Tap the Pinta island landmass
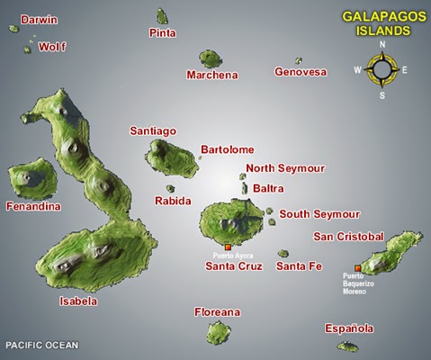coord(162,16)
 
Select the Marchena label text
coord(212,76)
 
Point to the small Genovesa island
coord(299,61)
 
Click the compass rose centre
coord(382,69)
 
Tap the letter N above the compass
coord(382,44)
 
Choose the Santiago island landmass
coord(170,157)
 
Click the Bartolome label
coord(228,149)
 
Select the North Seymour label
coord(285,168)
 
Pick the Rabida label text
coord(173,201)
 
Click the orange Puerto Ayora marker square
coord(228,247)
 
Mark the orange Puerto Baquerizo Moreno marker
coord(358,268)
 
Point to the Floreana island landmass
coord(218,333)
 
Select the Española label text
coord(349,329)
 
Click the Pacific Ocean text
coord(42,346)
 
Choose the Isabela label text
coord(78,301)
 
